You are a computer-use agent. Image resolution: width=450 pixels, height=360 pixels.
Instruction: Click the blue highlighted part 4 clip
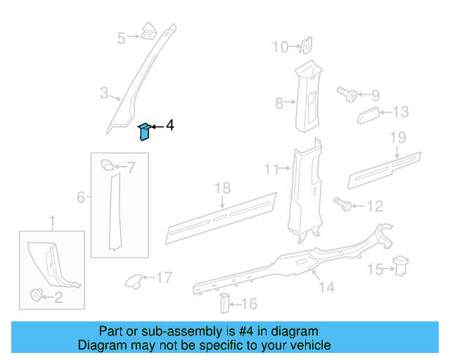click(x=143, y=131)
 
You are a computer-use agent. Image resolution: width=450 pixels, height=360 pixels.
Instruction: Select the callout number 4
click(x=169, y=125)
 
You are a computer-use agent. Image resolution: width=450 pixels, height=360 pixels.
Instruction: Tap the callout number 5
click(x=122, y=38)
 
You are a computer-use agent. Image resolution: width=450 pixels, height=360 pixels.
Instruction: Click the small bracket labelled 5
click(x=149, y=30)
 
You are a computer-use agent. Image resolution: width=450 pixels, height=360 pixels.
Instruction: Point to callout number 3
click(x=104, y=93)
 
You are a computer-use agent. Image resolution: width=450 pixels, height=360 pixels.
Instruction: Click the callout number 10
click(x=281, y=47)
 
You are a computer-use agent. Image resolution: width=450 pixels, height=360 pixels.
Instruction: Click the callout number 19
click(x=398, y=136)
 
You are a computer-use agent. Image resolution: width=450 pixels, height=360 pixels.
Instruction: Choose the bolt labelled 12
click(x=345, y=205)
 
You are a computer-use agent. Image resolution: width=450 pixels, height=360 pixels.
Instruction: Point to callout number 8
click(x=279, y=104)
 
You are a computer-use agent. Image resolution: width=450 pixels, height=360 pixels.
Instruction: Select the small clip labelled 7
click(x=108, y=165)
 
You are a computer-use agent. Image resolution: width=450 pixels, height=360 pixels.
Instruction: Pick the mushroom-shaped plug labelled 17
click(x=132, y=280)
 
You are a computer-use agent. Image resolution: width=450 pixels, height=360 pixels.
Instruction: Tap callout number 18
click(x=222, y=188)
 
